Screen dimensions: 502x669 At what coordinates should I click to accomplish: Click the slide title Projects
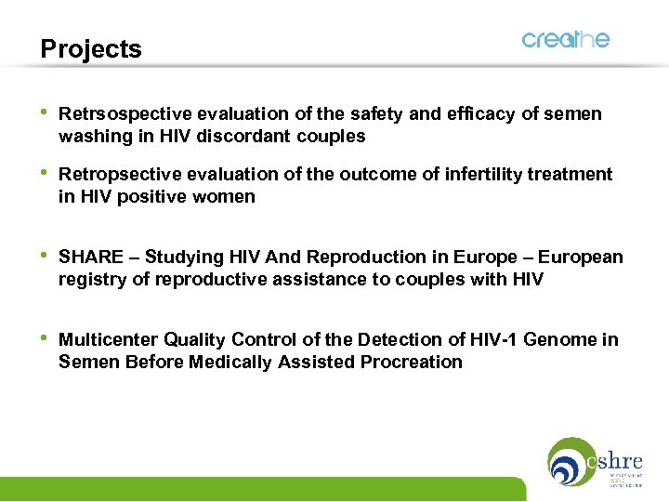pyautogui.click(x=91, y=49)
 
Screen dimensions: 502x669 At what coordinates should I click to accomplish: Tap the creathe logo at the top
pyautogui.click(x=565, y=39)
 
